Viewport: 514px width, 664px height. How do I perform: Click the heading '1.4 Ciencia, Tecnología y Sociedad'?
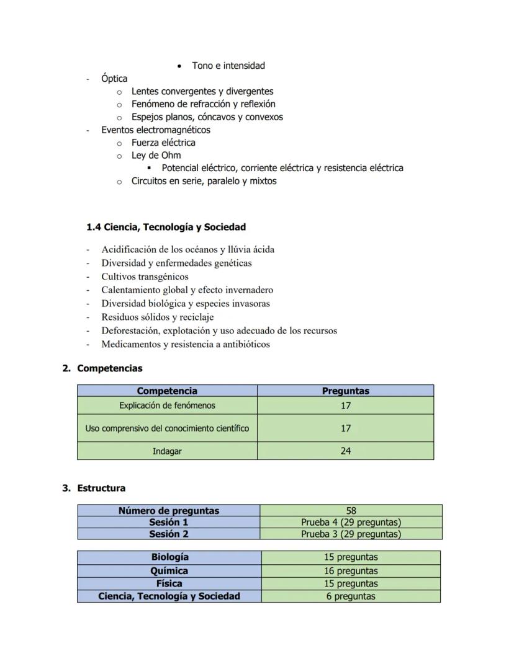(166, 227)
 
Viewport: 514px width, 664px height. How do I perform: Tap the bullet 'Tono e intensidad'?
(228, 66)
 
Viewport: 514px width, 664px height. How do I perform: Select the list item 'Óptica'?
(114, 79)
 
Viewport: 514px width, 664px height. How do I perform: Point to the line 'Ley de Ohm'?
(156, 155)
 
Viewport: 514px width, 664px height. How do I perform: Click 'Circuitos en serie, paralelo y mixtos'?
(204, 181)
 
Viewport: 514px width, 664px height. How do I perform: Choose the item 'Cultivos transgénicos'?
(145, 277)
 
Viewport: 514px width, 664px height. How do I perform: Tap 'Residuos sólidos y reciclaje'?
(158, 317)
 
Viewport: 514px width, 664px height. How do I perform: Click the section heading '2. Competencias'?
(102, 368)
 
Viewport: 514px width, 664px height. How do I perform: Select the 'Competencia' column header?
(167, 391)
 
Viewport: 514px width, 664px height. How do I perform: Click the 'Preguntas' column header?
(345, 391)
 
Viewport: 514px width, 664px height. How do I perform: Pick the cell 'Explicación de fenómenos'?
(167, 405)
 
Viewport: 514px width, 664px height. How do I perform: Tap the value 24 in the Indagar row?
(345, 451)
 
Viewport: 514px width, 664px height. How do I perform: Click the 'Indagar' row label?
(167, 451)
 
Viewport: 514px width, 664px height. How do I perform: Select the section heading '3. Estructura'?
(94, 488)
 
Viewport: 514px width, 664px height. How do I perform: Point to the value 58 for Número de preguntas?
(351, 511)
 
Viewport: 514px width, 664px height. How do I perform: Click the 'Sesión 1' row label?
(168, 522)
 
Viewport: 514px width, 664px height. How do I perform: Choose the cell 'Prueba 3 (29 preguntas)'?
(351, 534)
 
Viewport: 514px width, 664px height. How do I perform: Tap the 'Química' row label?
(169, 570)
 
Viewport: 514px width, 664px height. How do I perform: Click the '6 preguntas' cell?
(351, 596)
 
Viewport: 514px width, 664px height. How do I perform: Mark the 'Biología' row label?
(169, 557)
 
